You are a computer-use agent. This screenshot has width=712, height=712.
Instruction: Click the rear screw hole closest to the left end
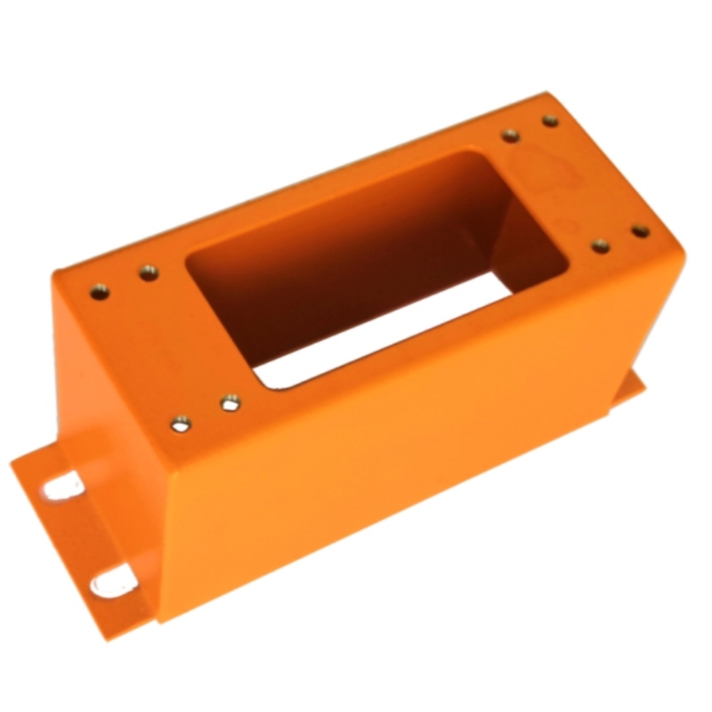coord(100,290)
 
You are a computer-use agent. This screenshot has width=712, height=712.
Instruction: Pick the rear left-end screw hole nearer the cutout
coord(149,272)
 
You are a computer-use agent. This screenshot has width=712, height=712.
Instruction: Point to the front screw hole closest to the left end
coord(182,425)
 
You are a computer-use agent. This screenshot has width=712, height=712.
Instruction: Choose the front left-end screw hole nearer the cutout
coord(231,402)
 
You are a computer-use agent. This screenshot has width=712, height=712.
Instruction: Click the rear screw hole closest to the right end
coord(550,120)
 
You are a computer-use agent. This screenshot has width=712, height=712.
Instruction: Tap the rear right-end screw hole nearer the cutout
coord(510,135)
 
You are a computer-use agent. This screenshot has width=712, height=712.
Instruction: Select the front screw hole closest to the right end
coord(640,231)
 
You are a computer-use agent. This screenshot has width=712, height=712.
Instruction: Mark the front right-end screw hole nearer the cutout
coord(601,246)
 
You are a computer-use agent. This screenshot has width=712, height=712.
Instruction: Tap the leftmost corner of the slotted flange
coord(12,463)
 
